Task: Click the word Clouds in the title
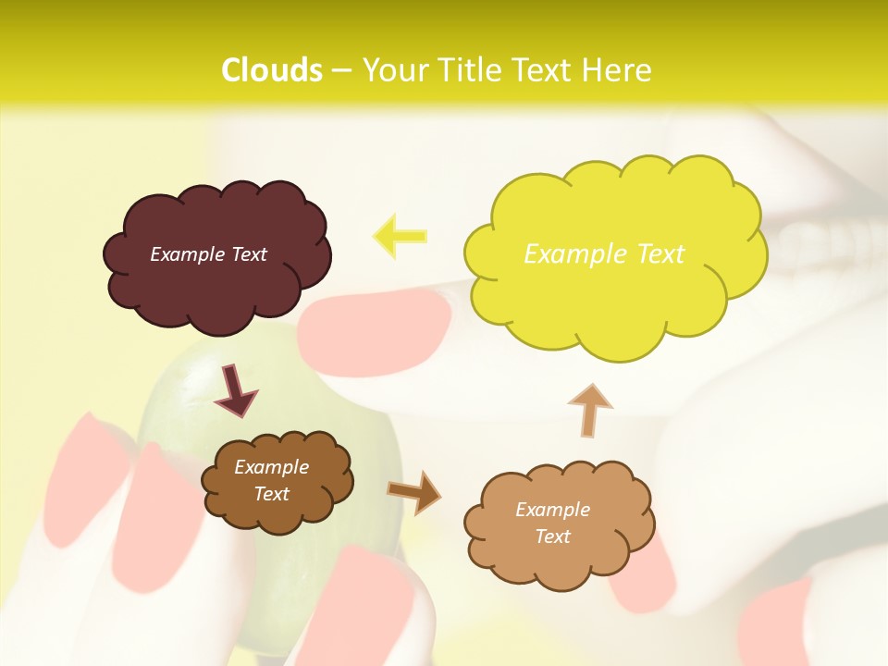pyautogui.click(x=272, y=70)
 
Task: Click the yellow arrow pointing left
pyautogui.click(x=400, y=235)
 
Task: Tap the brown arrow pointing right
pyautogui.click(x=414, y=492)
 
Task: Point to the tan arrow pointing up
pyautogui.click(x=589, y=409)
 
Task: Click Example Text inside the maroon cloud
pyautogui.click(x=208, y=254)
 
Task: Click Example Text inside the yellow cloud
pyautogui.click(x=604, y=254)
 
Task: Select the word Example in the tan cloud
pyautogui.click(x=552, y=510)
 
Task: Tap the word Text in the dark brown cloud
pyautogui.click(x=272, y=494)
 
